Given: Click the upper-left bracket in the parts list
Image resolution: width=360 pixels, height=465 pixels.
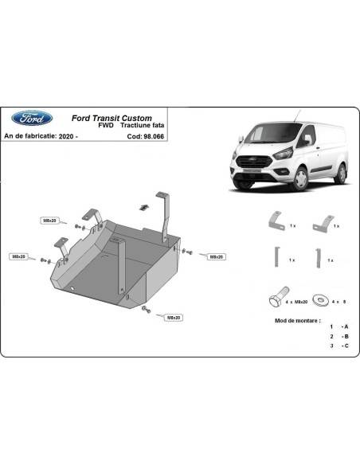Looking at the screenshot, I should pos(275,222).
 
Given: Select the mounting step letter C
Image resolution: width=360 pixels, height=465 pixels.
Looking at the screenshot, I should pos(344,346).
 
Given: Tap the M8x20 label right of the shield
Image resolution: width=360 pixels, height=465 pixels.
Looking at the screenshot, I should pos(216,256).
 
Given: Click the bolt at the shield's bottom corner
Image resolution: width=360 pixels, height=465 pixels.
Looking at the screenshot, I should pos(143,307).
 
